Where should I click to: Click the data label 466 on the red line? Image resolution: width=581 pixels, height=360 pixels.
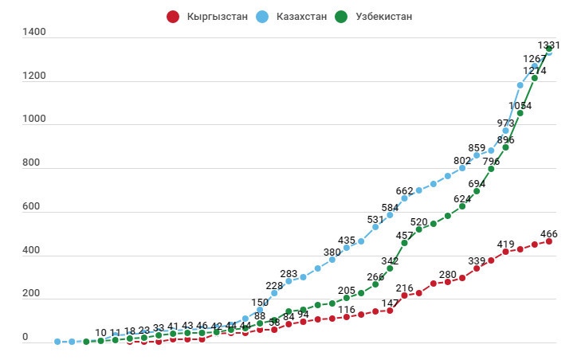(x=548, y=234)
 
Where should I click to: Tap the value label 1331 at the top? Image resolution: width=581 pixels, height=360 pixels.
(x=549, y=45)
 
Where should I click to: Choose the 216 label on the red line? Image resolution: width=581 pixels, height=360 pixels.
(x=404, y=288)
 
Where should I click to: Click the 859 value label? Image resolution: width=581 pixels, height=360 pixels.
(x=477, y=147)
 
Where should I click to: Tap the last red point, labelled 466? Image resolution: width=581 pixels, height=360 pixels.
(x=548, y=241)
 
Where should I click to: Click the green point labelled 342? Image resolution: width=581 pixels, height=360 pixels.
(x=390, y=268)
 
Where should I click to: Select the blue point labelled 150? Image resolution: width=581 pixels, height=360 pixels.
(x=259, y=311)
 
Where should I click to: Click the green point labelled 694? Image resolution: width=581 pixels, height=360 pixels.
(x=477, y=191)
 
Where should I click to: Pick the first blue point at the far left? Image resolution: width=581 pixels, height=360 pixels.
(x=57, y=342)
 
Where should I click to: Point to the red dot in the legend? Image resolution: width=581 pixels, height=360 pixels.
(x=172, y=16)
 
